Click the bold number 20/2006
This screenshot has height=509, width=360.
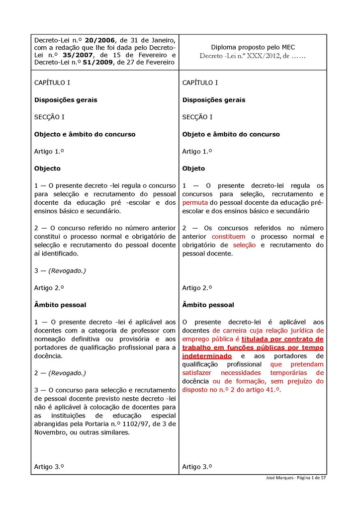(x=99, y=40)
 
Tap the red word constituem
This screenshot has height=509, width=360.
(x=228, y=237)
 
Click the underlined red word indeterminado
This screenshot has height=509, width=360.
(x=207, y=356)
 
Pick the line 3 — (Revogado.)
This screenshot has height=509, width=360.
(x=60, y=271)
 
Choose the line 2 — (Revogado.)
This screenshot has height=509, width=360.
(x=60, y=373)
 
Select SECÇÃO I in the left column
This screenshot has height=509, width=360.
(x=49, y=117)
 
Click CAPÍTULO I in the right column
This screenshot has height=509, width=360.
(x=200, y=83)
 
